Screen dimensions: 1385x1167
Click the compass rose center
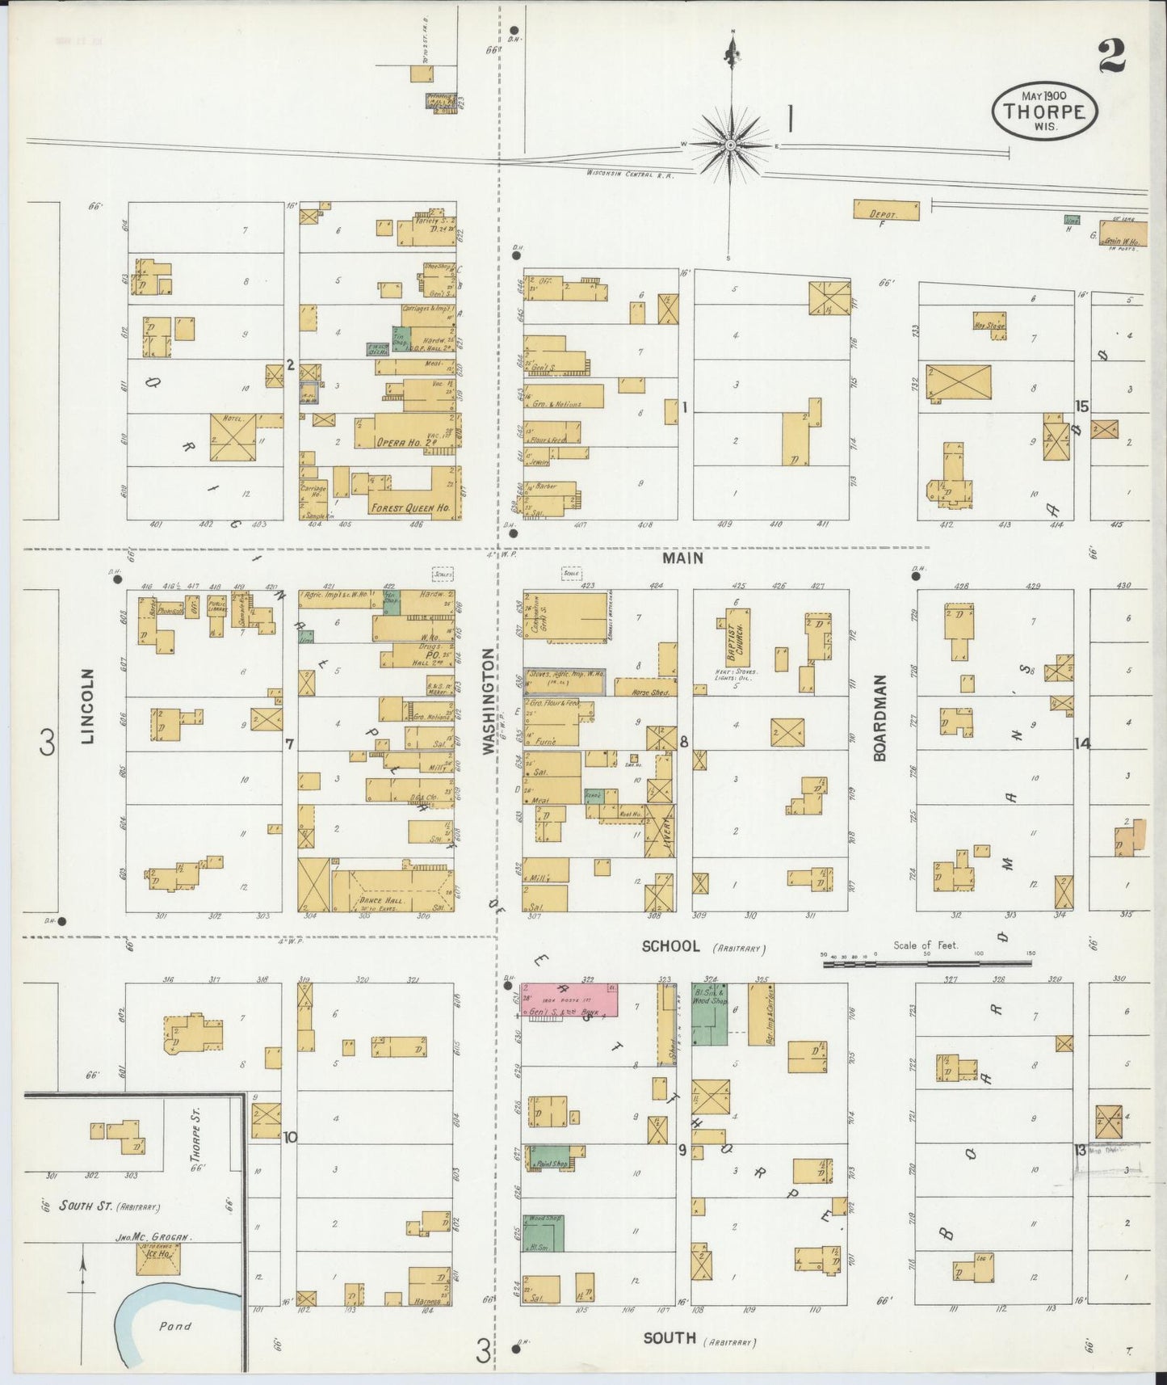pyautogui.click(x=730, y=145)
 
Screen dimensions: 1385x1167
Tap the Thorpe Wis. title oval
pyautogui.click(x=1044, y=112)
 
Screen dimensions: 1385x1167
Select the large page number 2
pyautogui.click(x=1111, y=56)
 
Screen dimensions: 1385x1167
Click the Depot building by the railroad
pyautogui.click(x=886, y=210)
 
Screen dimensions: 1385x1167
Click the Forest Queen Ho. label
pyautogui.click(x=409, y=508)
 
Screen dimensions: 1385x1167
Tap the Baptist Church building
pyautogui.click(x=737, y=638)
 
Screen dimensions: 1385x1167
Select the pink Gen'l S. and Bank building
pyautogui.click(x=569, y=1000)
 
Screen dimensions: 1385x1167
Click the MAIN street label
pyautogui.click(x=683, y=558)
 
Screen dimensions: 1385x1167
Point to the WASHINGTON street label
pyautogui.click(x=489, y=702)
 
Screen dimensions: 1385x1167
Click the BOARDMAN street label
pyautogui.click(x=879, y=718)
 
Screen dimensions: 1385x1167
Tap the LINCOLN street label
pyautogui.click(x=88, y=705)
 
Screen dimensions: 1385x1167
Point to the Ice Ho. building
pyautogui.click(x=157, y=1258)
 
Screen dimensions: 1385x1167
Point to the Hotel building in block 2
pyautogui.click(x=233, y=437)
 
